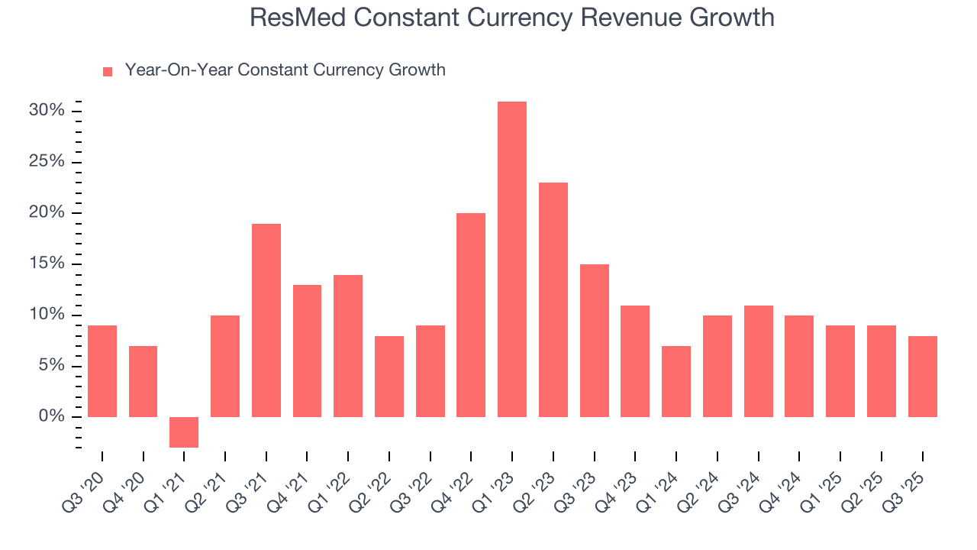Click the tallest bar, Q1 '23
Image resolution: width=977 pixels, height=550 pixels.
click(511, 259)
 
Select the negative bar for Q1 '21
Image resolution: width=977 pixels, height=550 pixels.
click(184, 432)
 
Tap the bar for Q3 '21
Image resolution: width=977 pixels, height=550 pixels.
click(266, 320)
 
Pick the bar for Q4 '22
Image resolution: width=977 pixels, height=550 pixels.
click(471, 315)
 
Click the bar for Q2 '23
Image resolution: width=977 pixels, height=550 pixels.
click(553, 299)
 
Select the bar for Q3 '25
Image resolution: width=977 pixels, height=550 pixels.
click(922, 376)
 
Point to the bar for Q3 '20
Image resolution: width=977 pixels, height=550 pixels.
click(102, 371)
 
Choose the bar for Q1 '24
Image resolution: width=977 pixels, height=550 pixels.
click(676, 381)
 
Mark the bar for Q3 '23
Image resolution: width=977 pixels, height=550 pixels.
click(594, 340)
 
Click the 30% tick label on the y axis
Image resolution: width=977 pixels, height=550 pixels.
click(46, 111)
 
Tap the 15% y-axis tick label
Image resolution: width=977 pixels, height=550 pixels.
click(46, 264)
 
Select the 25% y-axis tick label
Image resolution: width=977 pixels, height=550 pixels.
click(46, 162)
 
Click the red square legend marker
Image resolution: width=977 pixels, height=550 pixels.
click(108, 71)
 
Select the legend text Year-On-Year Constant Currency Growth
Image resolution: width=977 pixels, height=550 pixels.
click(285, 70)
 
